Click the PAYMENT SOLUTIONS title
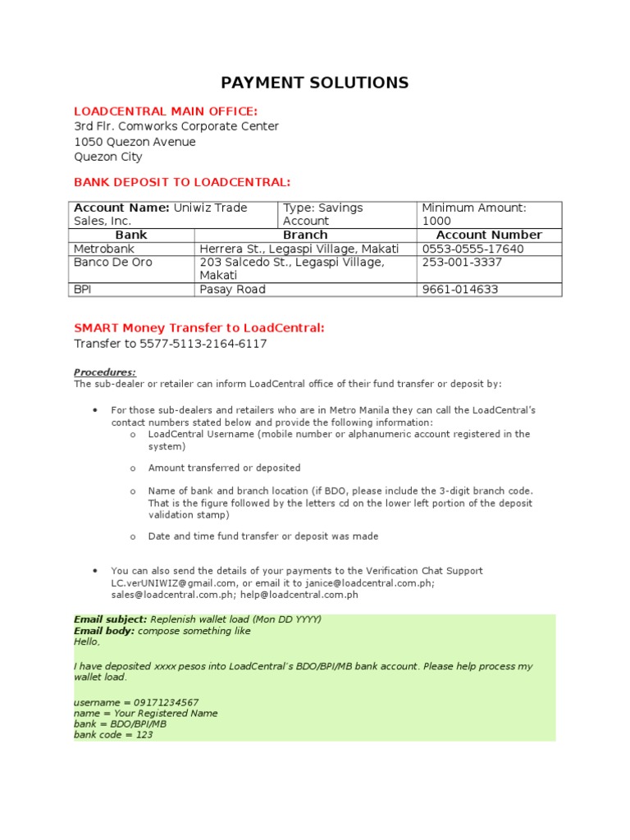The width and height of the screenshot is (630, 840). [x=315, y=83]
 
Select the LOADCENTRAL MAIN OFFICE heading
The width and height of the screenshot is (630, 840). [x=166, y=111]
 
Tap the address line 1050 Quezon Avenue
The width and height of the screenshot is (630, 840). [x=135, y=142]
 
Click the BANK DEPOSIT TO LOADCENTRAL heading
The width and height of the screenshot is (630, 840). [x=182, y=181]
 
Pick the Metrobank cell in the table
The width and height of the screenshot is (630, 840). [x=103, y=249]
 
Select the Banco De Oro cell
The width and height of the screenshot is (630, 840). [x=112, y=262]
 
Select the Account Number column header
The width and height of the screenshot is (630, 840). [x=490, y=235]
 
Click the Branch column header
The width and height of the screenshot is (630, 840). [x=304, y=235]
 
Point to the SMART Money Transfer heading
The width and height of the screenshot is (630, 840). [x=199, y=328]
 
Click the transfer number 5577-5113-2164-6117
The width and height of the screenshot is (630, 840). [x=170, y=344]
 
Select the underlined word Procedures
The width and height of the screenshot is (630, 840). [x=105, y=372]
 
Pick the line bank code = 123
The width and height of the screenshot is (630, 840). [x=113, y=735]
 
